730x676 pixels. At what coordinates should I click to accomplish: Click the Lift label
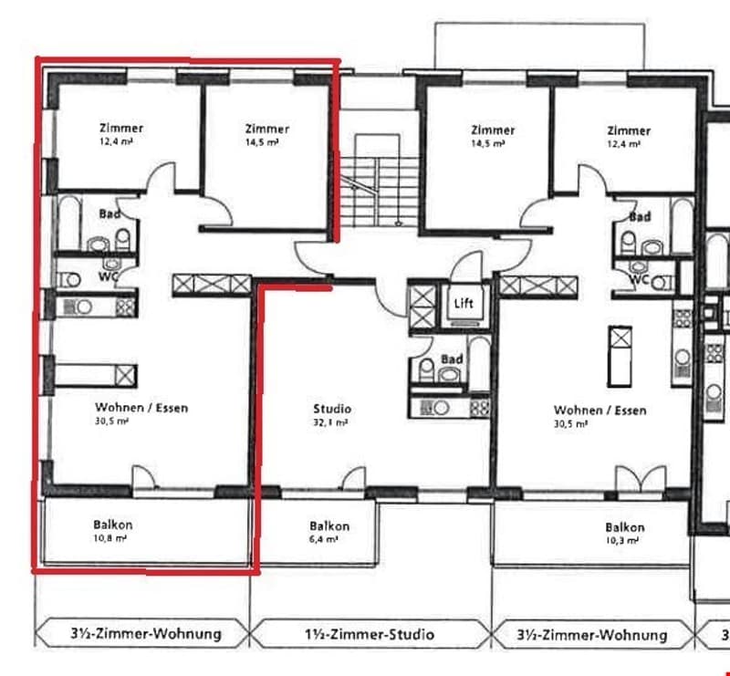tap(464, 304)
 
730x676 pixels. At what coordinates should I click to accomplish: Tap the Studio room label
tap(332, 409)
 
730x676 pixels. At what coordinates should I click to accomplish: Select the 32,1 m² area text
tap(330, 422)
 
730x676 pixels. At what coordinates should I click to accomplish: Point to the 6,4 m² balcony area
tap(324, 539)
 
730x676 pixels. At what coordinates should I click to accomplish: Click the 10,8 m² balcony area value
tap(110, 538)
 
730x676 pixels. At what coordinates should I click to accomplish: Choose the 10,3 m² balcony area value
tap(622, 540)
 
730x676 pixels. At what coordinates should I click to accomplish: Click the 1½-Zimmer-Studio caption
tap(370, 634)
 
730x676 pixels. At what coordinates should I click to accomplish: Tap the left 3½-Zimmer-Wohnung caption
tap(146, 633)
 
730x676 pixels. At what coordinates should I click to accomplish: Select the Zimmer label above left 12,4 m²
tap(121, 128)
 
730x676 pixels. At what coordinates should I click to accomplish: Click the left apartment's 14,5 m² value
tap(262, 142)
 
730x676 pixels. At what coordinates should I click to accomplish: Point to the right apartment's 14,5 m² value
tap(488, 143)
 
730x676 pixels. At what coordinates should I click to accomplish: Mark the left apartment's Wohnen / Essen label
tap(141, 408)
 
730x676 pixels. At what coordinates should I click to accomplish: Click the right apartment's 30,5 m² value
tap(571, 424)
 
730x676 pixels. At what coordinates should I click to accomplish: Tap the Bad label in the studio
tap(452, 359)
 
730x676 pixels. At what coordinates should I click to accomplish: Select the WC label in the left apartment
tap(108, 276)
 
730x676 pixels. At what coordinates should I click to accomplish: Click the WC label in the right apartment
tap(639, 279)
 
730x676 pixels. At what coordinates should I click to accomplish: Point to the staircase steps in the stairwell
tap(379, 191)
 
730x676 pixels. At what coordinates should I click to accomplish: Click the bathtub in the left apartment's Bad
tap(69, 224)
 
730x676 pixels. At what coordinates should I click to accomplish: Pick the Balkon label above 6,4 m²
tap(329, 526)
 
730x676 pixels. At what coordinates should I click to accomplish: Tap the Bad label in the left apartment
tap(109, 214)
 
